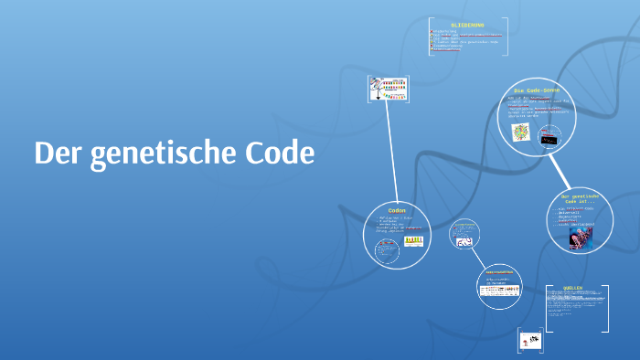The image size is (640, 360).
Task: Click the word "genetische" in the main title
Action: pos(156,154)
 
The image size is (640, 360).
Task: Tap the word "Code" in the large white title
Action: pos(279,153)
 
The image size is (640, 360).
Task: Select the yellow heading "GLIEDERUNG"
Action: pos(467,25)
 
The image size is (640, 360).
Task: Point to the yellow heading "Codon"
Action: pos(397,209)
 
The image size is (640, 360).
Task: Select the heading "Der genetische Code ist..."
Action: pos(580,199)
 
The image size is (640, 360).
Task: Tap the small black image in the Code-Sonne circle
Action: pos(549,139)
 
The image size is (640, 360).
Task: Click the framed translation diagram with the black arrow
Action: pos(387,89)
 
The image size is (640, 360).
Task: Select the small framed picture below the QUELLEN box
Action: pos(531,340)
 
